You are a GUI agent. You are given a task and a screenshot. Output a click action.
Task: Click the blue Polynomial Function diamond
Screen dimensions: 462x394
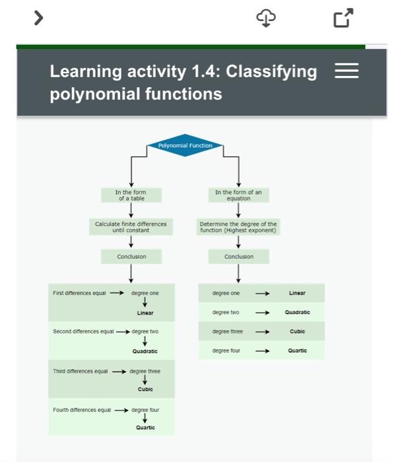(185, 146)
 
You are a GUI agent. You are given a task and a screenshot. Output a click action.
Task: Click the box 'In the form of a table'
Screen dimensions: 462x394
(131, 195)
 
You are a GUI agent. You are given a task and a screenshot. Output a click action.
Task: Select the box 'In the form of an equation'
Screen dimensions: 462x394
(238, 195)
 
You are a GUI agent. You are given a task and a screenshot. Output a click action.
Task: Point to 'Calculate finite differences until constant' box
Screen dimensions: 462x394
(131, 227)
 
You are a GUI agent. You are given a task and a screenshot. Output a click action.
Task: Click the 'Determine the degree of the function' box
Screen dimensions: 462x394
(238, 227)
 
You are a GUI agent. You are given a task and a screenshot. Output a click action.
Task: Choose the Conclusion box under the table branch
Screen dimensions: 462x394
(131, 256)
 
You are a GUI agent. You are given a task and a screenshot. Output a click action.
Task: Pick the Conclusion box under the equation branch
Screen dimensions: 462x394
(238, 256)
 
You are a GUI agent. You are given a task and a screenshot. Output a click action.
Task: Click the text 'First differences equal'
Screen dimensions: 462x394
(79, 293)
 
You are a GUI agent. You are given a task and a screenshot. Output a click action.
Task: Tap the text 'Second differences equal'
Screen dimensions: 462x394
(83, 331)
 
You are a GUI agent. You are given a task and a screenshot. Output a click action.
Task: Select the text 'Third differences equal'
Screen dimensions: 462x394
(81, 371)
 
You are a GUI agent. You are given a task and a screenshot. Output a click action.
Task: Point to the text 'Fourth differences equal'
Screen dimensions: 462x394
(82, 410)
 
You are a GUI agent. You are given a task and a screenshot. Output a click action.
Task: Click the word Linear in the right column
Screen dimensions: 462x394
(297, 293)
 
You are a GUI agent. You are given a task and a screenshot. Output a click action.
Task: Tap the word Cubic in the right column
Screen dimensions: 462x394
(297, 331)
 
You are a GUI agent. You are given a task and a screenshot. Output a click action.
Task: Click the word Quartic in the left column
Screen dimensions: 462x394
(145, 428)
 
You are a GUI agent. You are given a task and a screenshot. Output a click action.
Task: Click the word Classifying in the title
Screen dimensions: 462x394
(271, 71)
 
